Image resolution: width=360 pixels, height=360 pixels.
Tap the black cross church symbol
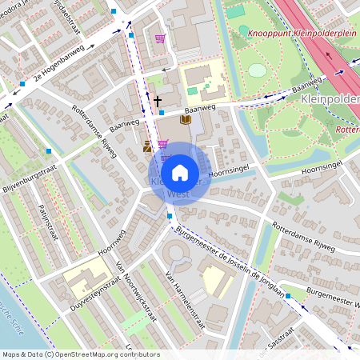(158, 101)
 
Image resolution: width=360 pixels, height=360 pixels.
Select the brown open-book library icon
(186, 120)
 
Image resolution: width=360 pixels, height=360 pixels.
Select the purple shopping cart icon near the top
(160, 38)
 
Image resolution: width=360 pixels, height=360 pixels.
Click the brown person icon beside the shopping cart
(147, 147)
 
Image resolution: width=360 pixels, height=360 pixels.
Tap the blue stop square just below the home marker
(170, 215)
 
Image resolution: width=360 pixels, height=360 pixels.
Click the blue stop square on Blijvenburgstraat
(49, 150)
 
